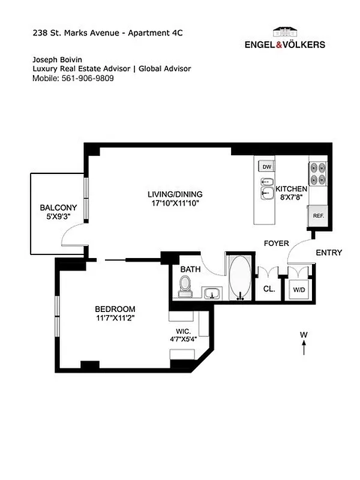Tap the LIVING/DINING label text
pyautogui.click(x=175, y=194)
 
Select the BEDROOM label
pyautogui.click(x=114, y=308)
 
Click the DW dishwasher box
pyautogui.click(x=268, y=167)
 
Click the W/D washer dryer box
pyautogui.click(x=298, y=290)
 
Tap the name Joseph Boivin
pyautogui.click(x=58, y=59)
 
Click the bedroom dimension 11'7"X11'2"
pyautogui.click(x=114, y=318)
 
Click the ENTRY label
pyautogui.click(x=328, y=253)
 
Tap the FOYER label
pyautogui.click(x=276, y=243)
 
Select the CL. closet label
pyautogui.click(x=269, y=289)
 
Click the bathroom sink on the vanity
pyautogui.click(x=211, y=293)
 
